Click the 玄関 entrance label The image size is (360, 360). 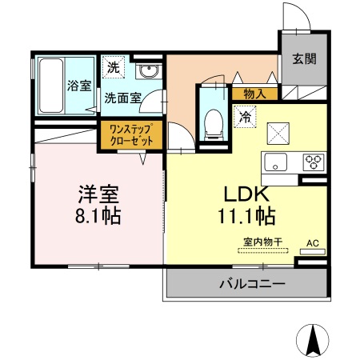pyautogui.click(x=305, y=58)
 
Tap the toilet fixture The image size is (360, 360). pyautogui.click(x=214, y=125)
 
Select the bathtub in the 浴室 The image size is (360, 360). pyautogui.click(x=51, y=86)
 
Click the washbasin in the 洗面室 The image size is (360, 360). pyautogui.click(x=148, y=71)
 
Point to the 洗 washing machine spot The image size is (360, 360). pyautogui.click(x=114, y=67)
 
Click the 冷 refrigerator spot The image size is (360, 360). pyautogui.click(x=245, y=117)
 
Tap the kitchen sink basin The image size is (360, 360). pyautogui.click(x=275, y=162)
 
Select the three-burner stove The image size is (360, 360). pyautogui.click(x=314, y=162)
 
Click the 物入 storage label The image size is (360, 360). pyautogui.click(x=255, y=94)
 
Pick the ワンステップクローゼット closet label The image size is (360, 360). pyautogui.click(x=131, y=135)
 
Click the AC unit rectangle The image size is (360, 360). pyautogui.click(x=313, y=251)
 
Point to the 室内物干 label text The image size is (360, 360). pyautogui.click(x=262, y=242)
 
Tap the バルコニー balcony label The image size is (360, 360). pyautogui.click(x=252, y=283)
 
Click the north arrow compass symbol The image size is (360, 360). pyautogui.click(x=313, y=340)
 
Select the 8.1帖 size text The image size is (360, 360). pyautogui.click(x=98, y=216)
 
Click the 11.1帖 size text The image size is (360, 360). pyautogui.click(x=246, y=216)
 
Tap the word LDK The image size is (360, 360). pyautogui.click(x=246, y=194)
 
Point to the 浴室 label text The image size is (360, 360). pyautogui.click(x=79, y=86)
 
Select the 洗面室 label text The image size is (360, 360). pyautogui.click(x=122, y=98)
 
